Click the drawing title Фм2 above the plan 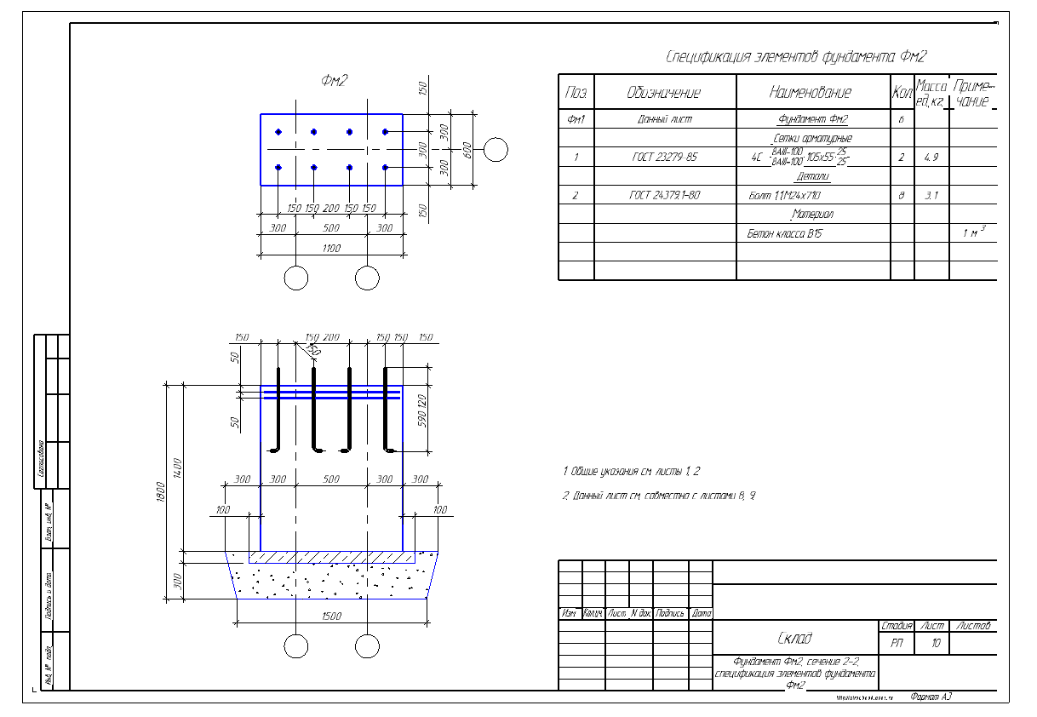coord(334,81)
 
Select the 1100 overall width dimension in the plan coord(331,248)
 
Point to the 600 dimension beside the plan coord(467,149)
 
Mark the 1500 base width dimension coord(331,616)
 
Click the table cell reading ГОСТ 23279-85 coord(664,158)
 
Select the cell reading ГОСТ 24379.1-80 coord(664,196)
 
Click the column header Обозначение coord(664,93)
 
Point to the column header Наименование coord(810,92)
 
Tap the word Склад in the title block coord(794,639)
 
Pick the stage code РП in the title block coord(897,644)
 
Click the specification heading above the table coord(795,57)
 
